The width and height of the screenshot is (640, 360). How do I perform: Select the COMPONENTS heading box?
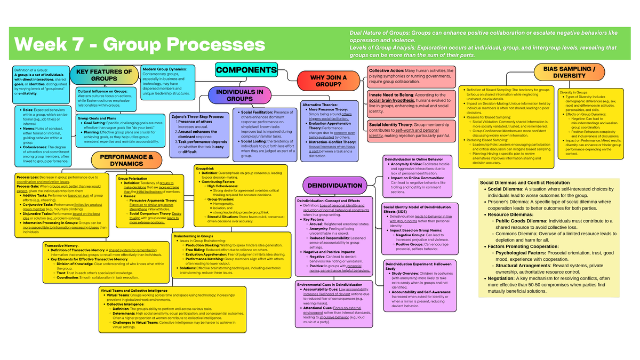click(x=246, y=70)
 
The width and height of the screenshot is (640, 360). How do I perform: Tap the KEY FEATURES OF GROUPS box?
click(x=103, y=75)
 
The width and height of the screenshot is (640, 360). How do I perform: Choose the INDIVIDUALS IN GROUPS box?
click(x=239, y=95)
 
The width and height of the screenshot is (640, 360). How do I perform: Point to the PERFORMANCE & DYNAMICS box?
click(x=126, y=160)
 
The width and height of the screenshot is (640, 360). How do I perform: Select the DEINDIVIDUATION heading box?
click(x=335, y=186)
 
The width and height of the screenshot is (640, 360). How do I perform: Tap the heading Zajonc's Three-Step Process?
click(x=197, y=116)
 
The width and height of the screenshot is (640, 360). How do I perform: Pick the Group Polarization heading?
click(x=132, y=179)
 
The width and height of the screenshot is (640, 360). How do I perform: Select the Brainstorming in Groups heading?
click(x=193, y=235)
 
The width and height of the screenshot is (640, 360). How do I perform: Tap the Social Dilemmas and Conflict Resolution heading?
click(x=525, y=182)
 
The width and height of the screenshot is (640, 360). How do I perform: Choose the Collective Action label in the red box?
click(x=386, y=70)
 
